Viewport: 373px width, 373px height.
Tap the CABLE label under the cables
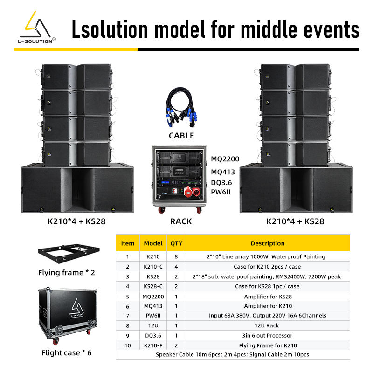[181, 136]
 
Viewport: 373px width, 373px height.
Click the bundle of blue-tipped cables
[181, 110]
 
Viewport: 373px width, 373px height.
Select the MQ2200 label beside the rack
[225, 159]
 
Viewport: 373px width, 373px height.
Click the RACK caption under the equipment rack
[181, 221]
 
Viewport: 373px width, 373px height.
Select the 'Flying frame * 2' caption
[67, 272]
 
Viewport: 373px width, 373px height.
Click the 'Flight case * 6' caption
[67, 352]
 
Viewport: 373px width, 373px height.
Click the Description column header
[267, 243]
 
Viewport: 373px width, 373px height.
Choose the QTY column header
[176, 243]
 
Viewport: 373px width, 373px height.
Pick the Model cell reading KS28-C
[153, 286]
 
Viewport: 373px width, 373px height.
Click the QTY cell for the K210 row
[176, 256]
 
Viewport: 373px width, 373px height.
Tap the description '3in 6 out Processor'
[267, 335]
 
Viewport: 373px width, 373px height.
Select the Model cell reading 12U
[153, 325]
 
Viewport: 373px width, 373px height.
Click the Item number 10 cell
[127, 345]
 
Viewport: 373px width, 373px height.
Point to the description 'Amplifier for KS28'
[267, 296]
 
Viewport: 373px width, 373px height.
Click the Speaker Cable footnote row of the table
[233, 355]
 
